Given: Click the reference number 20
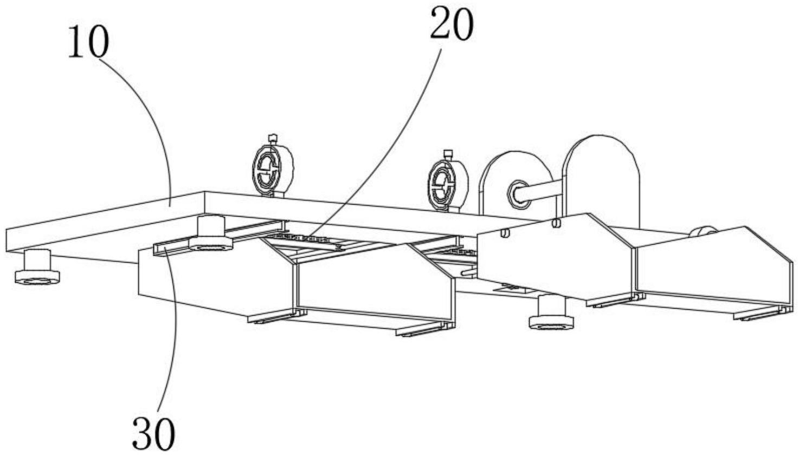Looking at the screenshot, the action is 452,25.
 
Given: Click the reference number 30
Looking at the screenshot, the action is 153,434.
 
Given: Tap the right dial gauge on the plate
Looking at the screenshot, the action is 448,184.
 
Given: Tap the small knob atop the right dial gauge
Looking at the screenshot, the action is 448,154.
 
